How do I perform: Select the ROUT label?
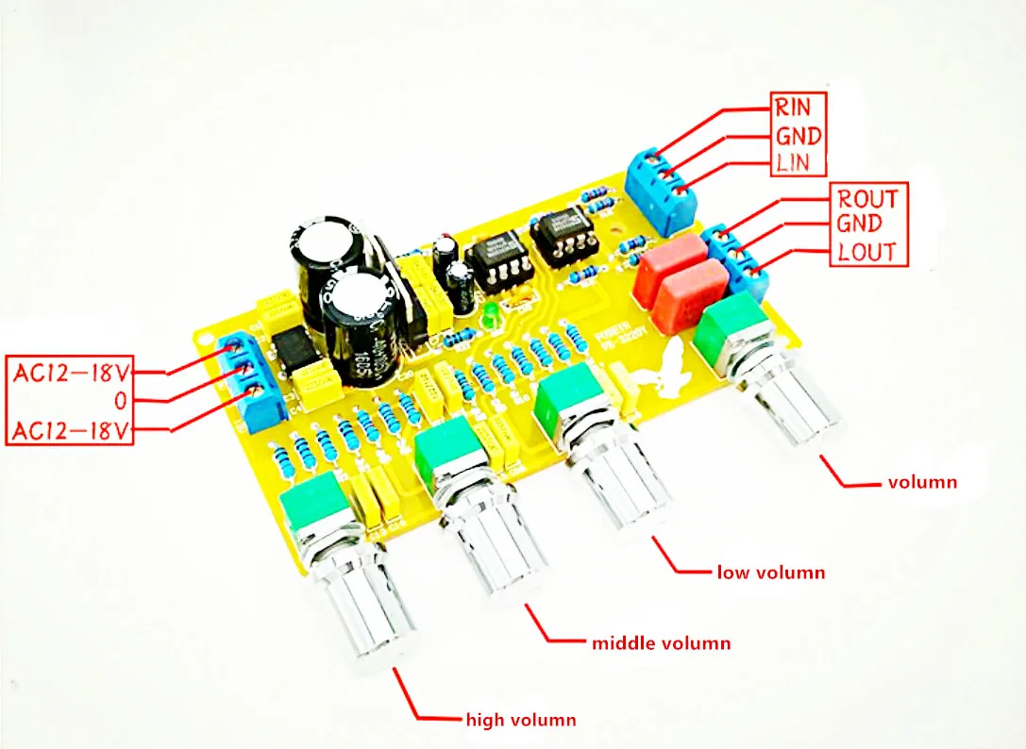[x=867, y=198]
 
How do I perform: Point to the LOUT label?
[x=867, y=252]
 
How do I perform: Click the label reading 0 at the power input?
[x=121, y=402]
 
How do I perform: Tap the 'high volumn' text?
[x=520, y=721]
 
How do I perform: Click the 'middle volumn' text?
[x=661, y=644]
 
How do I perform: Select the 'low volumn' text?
[x=770, y=573]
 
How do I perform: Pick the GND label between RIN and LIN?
[x=799, y=134]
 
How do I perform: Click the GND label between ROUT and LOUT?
[x=858, y=225]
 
